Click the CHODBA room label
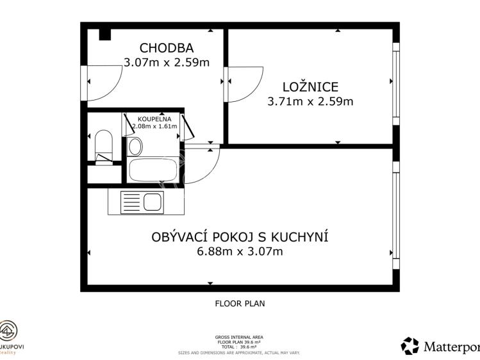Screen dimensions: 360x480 [x=166, y=48]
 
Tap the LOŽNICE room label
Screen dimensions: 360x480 [x=310, y=86]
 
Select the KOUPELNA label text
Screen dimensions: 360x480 [x=154, y=119]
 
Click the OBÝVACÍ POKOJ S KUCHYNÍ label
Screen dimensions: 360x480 [x=240, y=237]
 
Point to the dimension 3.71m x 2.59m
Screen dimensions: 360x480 [x=310, y=101]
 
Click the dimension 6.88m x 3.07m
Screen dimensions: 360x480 [x=240, y=252]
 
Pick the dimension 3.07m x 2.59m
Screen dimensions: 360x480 [x=166, y=63]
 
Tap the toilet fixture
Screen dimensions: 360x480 [x=103, y=145]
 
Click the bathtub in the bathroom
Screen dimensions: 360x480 [x=153, y=170]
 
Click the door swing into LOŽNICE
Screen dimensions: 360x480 [x=244, y=83]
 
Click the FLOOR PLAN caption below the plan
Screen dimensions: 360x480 [x=240, y=304]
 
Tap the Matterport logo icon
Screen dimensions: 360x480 [x=410, y=346]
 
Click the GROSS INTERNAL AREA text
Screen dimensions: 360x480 [x=240, y=337]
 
